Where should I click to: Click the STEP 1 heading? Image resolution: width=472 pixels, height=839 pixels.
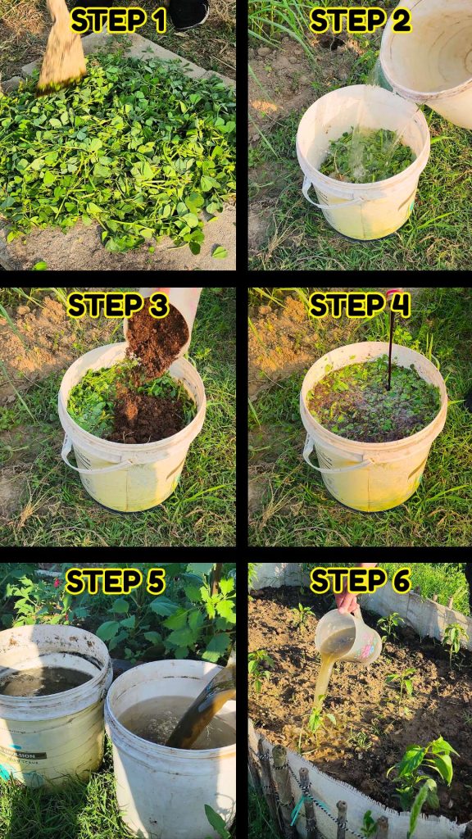(118, 20)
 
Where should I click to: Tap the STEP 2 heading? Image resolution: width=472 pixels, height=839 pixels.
(361, 20)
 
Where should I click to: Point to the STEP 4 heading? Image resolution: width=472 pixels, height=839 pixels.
(360, 306)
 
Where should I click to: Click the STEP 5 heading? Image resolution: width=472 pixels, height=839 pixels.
(115, 582)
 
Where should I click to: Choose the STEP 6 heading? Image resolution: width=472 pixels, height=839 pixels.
(361, 581)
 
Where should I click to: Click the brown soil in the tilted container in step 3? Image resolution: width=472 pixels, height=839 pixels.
(157, 342)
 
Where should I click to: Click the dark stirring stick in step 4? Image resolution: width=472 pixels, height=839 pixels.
(391, 342)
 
